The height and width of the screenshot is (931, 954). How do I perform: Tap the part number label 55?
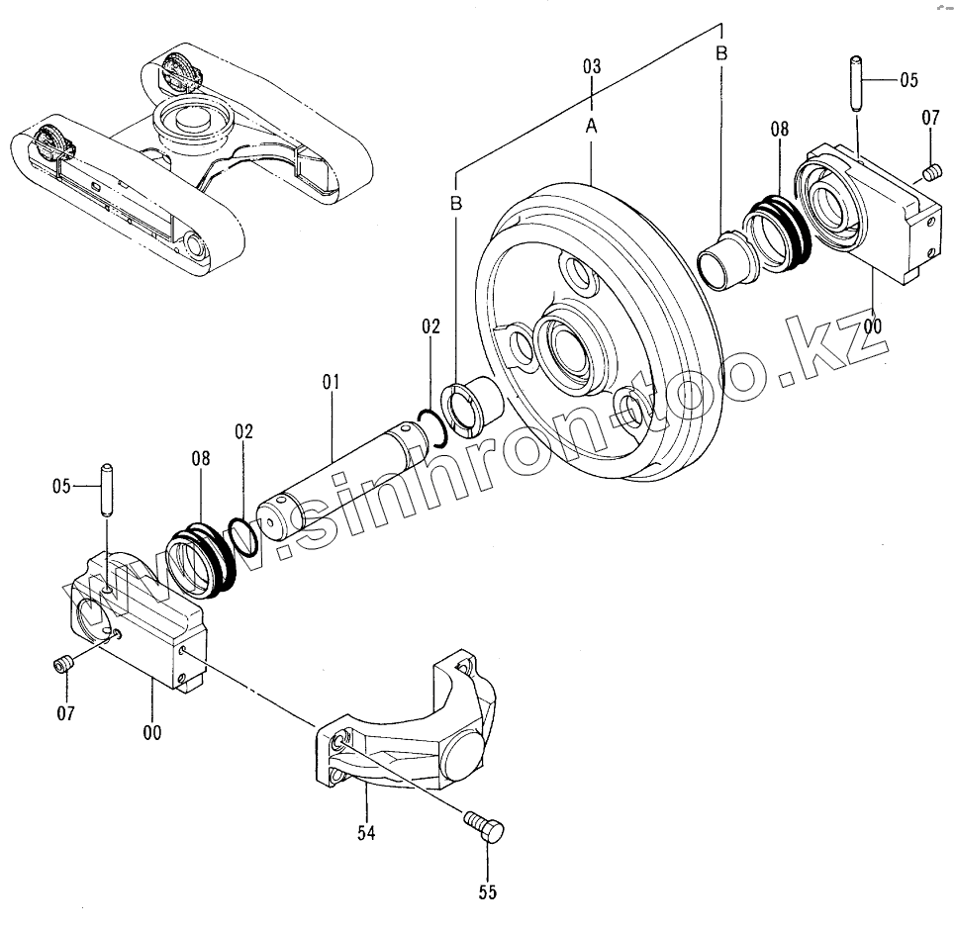pos(487,892)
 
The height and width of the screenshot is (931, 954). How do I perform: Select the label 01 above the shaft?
pos(331,381)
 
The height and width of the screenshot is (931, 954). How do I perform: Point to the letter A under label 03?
pos(591,126)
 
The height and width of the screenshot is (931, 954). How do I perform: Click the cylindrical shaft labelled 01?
pos(336,471)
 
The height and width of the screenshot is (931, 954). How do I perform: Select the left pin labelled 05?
pos(104,489)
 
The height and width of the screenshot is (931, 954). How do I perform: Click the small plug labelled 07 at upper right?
pos(929,174)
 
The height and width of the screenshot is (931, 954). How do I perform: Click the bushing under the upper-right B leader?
pos(724,258)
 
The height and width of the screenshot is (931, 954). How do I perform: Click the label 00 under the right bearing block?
pos(873,325)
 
